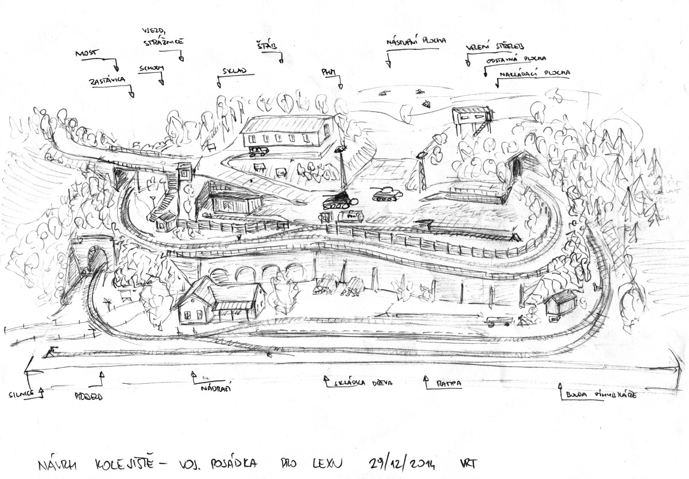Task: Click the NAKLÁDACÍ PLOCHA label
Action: click(x=535, y=73)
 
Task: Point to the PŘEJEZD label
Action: click(x=88, y=396)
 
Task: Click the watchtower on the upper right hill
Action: click(x=469, y=118)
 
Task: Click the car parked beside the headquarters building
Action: click(x=258, y=151)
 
